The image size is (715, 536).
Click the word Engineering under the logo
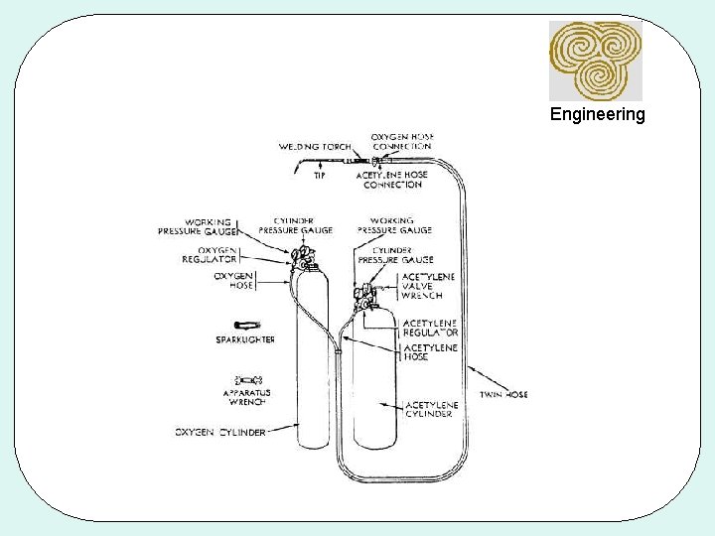tap(597, 114)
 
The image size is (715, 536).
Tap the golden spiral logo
tap(596, 61)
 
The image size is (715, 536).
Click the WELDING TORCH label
tap(315, 147)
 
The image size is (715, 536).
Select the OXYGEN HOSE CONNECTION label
tap(402, 141)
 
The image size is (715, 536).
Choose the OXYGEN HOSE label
tap(233, 279)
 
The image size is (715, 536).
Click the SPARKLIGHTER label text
tap(245, 339)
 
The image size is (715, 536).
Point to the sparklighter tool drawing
tap(245, 325)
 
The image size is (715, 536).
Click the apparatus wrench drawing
tap(247, 380)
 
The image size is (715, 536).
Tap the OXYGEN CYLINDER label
tap(220, 432)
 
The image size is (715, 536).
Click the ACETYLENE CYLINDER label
tap(432, 409)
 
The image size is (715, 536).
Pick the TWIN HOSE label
tap(505, 394)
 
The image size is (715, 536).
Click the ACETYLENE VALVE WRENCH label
tap(422, 286)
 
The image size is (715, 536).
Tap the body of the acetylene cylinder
tap(375, 397)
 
